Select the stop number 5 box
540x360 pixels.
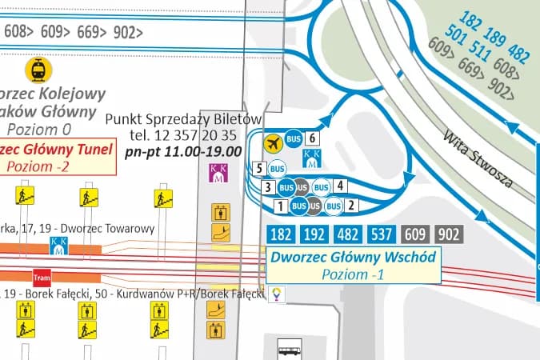click(258, 168)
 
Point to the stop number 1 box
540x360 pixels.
click(280, 206)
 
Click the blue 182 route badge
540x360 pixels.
click(281, 234)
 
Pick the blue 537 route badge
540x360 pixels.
click(382, 234)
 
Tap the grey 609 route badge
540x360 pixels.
click(414, 234)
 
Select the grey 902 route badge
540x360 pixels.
click(449, 234)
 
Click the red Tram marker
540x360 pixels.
click(42, 277)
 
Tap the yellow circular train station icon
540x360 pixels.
click(37, 70)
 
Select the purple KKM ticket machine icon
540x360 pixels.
click(218, 173)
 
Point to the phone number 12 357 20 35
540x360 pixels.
click(183, 134)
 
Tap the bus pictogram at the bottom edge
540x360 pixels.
click(290, 348)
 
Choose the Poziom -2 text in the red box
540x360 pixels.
click(39, 166)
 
